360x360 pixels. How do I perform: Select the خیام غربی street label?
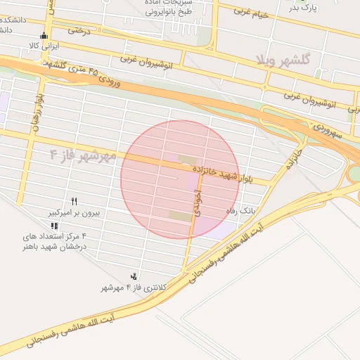coord(254,12)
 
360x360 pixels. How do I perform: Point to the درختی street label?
coord(80,31)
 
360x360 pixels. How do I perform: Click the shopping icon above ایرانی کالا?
coord(45,37)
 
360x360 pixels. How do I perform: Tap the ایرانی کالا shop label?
coord(44,46)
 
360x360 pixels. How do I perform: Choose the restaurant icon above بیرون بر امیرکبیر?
coord(75,201)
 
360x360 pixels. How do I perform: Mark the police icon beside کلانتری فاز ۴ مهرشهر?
coord(134,276)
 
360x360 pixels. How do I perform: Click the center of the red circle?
coord(179,179)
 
